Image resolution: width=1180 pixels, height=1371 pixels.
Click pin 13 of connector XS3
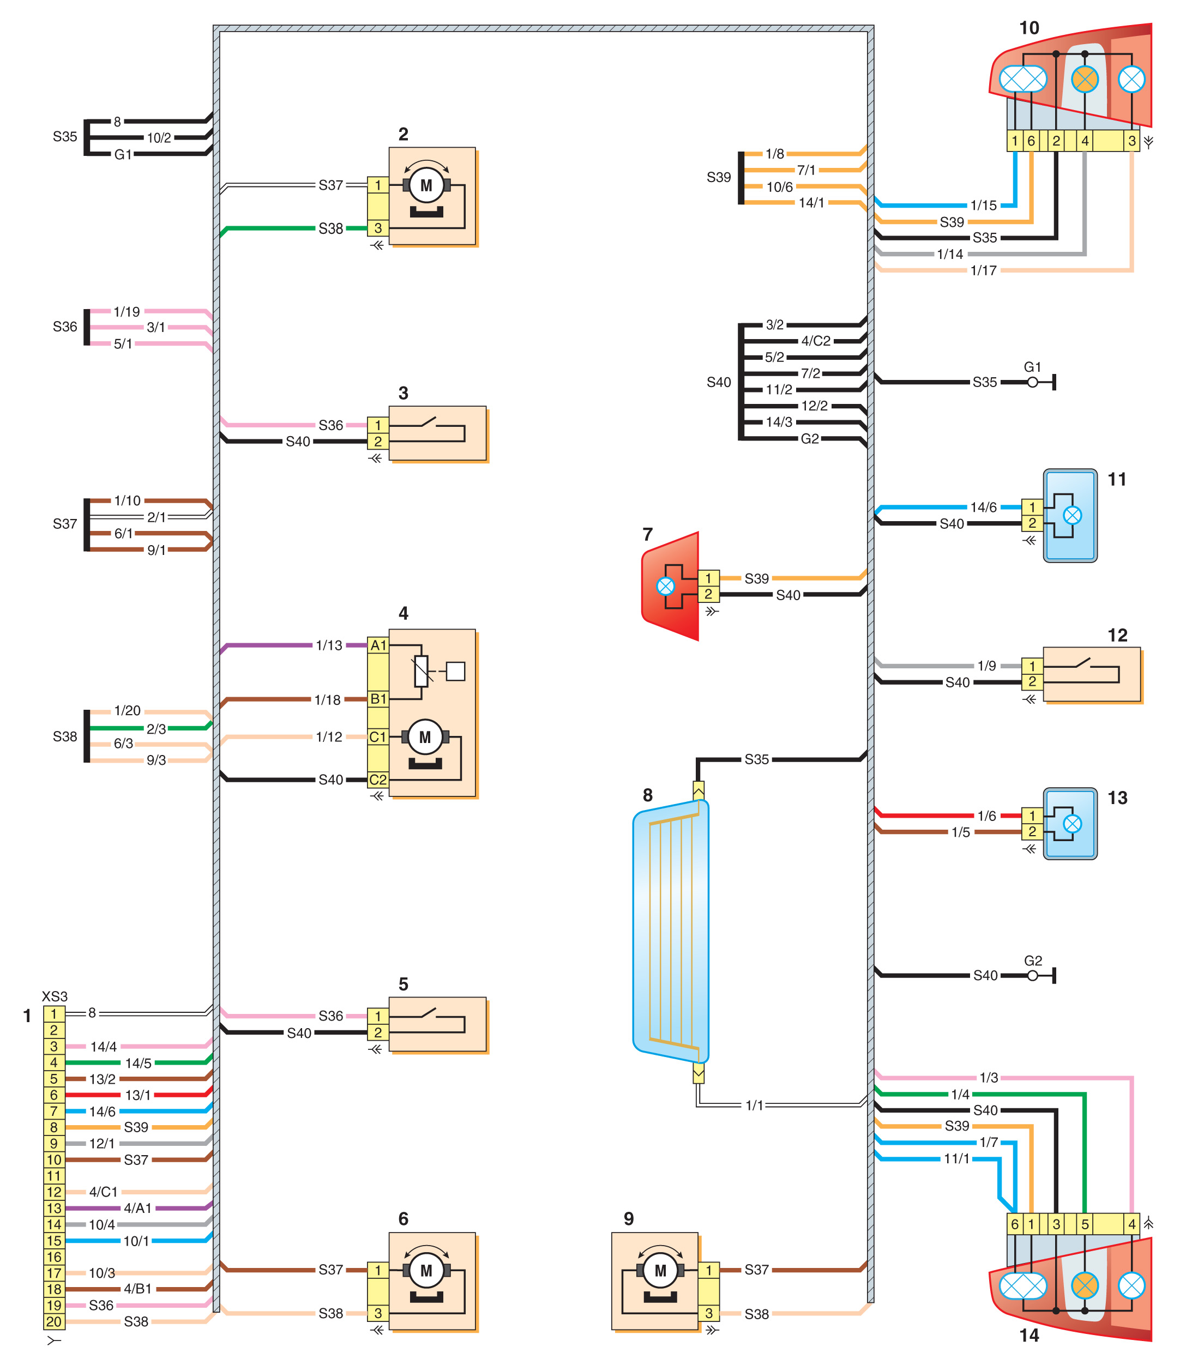53,1208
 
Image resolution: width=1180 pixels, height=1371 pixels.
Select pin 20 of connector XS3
53,1321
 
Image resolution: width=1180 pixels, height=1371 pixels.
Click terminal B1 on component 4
378,699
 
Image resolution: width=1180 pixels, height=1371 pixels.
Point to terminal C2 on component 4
378,780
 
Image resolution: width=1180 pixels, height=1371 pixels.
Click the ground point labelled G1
1032,382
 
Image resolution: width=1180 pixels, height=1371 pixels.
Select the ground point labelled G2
1032,975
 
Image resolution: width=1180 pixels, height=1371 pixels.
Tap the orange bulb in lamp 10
1085,80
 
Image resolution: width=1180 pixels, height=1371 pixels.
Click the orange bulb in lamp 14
1085,1285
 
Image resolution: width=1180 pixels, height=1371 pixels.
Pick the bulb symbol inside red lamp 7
666,586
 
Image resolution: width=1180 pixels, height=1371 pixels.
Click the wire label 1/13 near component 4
329,645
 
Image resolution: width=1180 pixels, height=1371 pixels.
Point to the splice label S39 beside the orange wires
719,177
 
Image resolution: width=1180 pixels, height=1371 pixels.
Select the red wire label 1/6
987,816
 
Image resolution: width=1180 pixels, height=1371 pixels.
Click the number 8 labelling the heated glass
648,795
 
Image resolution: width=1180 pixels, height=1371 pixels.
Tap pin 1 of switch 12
1032,666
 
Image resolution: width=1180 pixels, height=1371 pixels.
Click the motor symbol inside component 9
660,1271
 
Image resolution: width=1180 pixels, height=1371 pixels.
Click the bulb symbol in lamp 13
1072,824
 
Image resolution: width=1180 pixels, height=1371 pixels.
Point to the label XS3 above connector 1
55,996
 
